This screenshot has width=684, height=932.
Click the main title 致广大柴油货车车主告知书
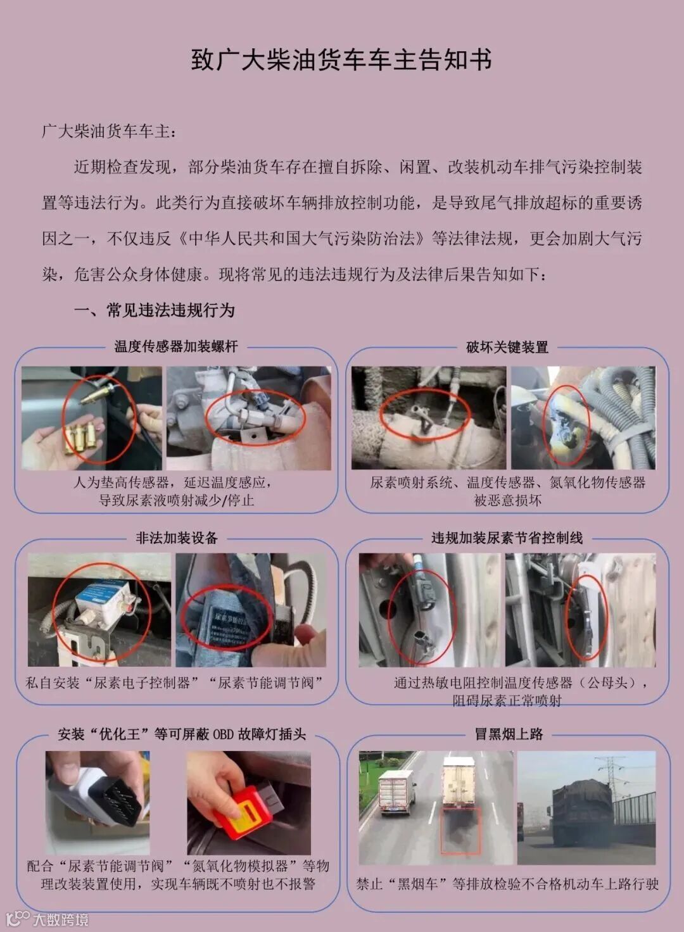point(341,60)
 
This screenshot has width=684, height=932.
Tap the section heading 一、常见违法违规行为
point(155,310)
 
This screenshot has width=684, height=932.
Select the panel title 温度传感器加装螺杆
point(176,346)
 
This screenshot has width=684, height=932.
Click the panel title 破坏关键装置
point(507,347)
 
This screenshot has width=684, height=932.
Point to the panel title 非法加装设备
point(177,538)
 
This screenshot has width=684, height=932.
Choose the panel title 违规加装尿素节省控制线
point(507,538)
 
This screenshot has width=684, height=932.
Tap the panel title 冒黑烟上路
point(509,734)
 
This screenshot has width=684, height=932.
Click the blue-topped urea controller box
point(107,601)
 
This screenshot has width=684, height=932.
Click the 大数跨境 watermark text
point(61,919)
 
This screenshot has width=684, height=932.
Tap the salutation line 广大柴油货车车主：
point(108,131)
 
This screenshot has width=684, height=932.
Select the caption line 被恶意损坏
point(507,500)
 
